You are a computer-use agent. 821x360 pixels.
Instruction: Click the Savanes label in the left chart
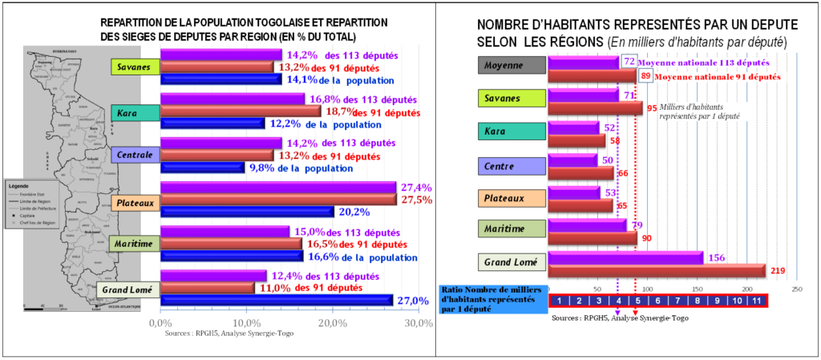[135, 67]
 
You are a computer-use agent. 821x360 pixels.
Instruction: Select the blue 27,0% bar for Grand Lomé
[277, 300]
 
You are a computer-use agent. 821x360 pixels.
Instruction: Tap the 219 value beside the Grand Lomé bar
[777, 272]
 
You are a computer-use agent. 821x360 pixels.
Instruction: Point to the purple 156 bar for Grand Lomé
[625, 257]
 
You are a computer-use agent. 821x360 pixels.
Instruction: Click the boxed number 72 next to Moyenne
[629, 61]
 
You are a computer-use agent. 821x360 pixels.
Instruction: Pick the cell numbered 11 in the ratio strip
[756, 301]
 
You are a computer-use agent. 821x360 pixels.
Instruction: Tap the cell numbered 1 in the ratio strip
[558, 301]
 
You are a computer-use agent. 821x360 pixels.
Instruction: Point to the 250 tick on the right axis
[796, 289]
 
